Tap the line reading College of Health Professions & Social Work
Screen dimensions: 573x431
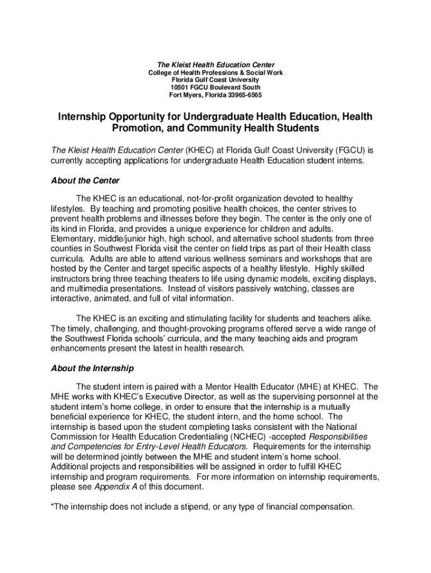[215, 73]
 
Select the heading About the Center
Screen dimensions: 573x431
[85, 181]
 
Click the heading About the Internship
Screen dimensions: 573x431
[92, 368]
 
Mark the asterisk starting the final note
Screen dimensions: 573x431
[53, 506]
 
